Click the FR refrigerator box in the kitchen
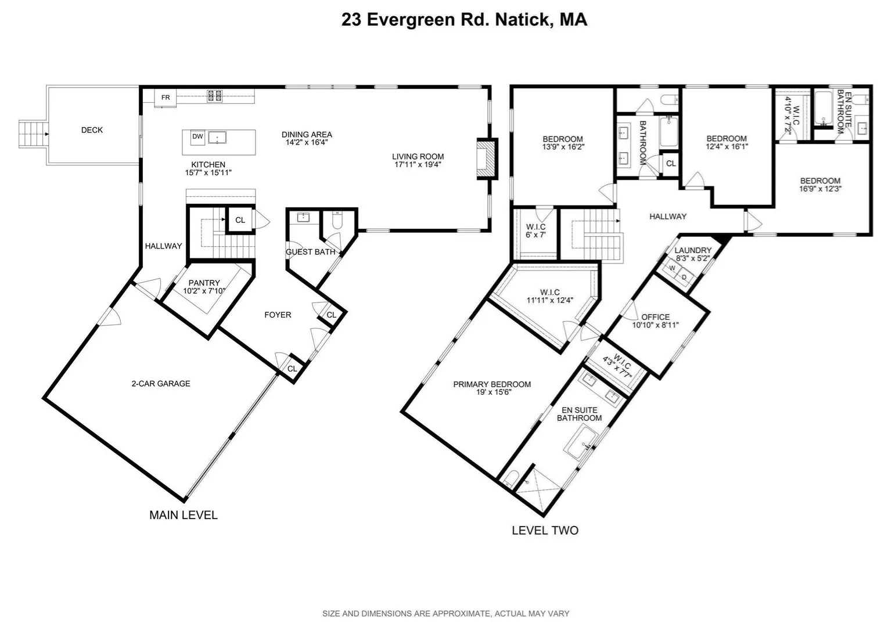coord(166,98)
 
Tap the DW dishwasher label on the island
coord(197,137)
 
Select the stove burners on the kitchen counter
coord(214,96)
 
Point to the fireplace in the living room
coord(487,159)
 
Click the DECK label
coord(92,130)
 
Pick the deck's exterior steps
coord(34,134)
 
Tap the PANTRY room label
coord(204,283)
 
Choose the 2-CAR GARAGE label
coord(161,384)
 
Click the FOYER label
coord(278,315)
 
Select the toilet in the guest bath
coord(337,221)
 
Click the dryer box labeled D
coord(684,277)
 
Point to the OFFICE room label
coord(655,317)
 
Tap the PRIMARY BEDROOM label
coord(492,384)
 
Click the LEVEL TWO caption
coord(545,530)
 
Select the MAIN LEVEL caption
coord(184,515)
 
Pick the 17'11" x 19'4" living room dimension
coord(418,164)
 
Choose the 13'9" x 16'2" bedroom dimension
coord(563,147)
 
